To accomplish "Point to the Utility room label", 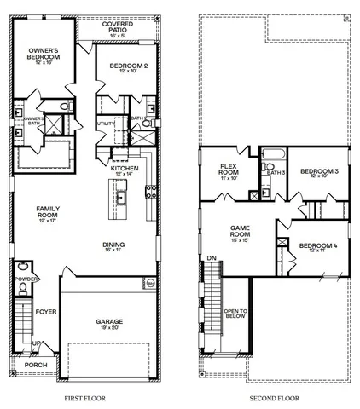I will click(106, 124).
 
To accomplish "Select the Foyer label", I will click(46, 313).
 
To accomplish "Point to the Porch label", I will click(35, 365).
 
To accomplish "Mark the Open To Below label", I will click(235, 315).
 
